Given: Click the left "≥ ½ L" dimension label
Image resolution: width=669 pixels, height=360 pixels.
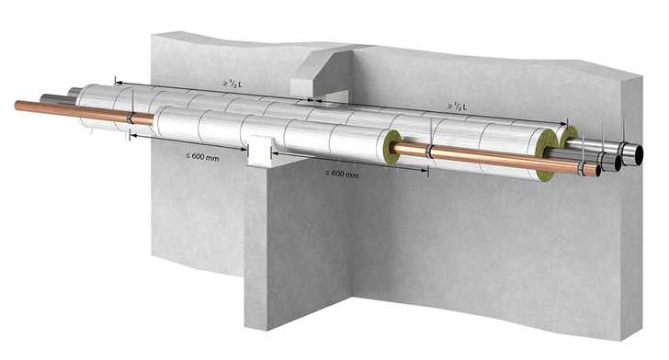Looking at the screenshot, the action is pos(232,84).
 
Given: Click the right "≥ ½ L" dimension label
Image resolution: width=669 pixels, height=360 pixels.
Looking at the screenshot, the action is pos(457,107).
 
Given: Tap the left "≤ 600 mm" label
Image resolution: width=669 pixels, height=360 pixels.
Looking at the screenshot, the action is pos(202,157).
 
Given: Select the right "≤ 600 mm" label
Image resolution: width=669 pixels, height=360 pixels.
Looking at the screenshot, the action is pos(342,174).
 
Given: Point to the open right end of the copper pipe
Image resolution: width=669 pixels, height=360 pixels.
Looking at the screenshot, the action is pos(597,171).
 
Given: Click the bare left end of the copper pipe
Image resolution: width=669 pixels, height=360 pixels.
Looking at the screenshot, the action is pos(16,106).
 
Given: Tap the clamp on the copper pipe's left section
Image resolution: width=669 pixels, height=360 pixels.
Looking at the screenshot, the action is pos(130,118).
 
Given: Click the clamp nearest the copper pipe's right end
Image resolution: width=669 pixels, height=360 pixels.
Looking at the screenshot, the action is pos(582,168).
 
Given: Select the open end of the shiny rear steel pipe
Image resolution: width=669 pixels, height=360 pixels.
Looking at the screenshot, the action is pos(638,155).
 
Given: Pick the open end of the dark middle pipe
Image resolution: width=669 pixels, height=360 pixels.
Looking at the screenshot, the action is pos(618,163).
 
